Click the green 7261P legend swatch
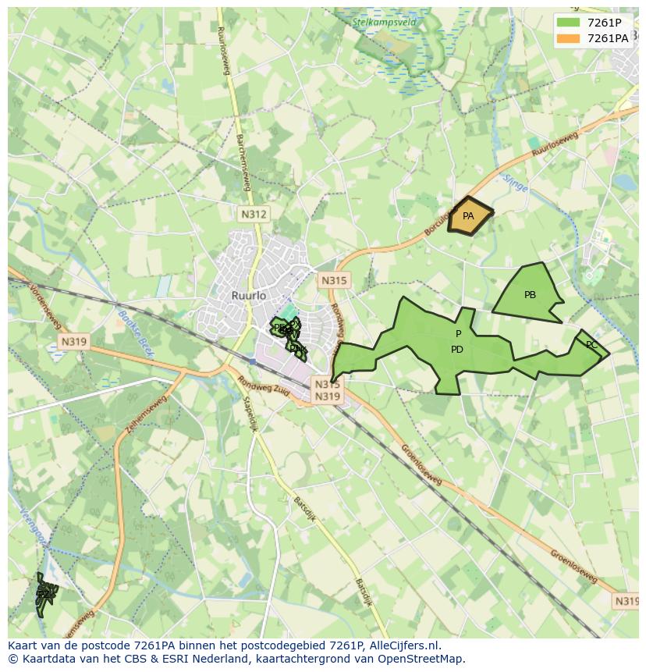[x=569, y=23]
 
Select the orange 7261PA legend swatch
[x=569, y=38]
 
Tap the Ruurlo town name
[x=249, y=296]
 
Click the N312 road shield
[x=253, y=214]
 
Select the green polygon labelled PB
[x=530, y=296]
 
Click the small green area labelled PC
[x=591, y=345]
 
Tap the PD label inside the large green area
[x=457, y=350]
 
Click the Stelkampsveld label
[x=385, y=23]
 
